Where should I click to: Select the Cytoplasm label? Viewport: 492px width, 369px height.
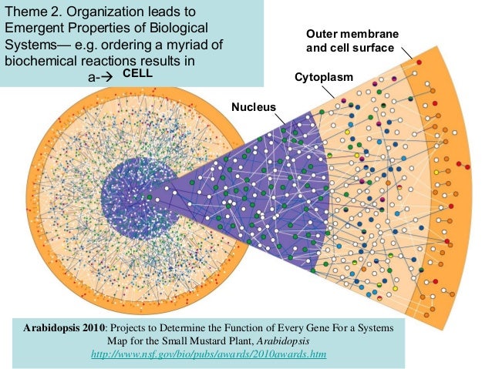coord(324,79)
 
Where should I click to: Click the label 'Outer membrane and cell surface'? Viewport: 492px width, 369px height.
coord(352,42)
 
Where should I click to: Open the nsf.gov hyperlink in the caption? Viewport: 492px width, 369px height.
coord(208,354)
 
